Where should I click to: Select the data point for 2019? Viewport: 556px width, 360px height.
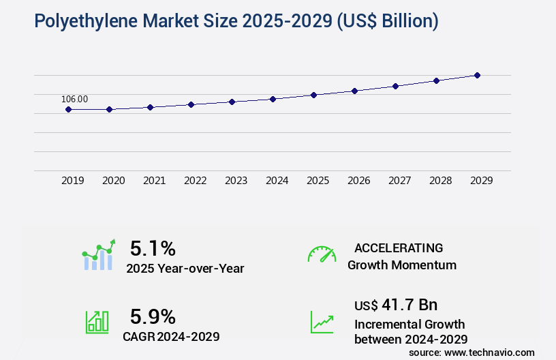69,109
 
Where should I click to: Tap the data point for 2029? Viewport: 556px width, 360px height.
478,75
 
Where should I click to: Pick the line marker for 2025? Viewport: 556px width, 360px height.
314,95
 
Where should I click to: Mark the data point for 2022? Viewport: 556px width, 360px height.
191,104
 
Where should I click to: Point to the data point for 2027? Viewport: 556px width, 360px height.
396,86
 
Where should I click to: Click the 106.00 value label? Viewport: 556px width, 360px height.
74,99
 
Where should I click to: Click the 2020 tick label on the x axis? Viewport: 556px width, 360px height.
114,181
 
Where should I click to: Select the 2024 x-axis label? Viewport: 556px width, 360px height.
277,181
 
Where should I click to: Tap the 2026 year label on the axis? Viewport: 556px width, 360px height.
359,181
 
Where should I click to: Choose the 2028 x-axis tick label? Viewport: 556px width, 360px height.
441,181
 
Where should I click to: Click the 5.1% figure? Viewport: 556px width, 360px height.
153,247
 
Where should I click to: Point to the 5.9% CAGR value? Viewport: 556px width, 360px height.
153,316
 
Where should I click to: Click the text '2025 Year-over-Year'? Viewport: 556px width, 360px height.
185,269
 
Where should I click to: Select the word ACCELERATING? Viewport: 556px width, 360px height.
399,247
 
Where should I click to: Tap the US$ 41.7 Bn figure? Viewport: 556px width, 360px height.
396,304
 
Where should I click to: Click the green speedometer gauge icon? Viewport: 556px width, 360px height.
322,254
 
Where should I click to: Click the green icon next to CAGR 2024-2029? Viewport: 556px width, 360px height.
97,322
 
